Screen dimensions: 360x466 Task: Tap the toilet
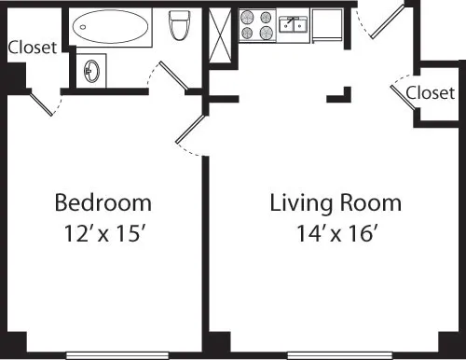click(179, 27)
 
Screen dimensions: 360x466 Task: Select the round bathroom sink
click(92, 70)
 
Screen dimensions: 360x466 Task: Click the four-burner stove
click(257, 24)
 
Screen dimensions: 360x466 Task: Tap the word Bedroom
click(103, 202)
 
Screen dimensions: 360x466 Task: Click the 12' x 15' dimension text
click(103, 234)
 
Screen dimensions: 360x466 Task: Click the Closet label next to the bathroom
click(33, 47)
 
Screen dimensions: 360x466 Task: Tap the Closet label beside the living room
click(431, 92)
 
